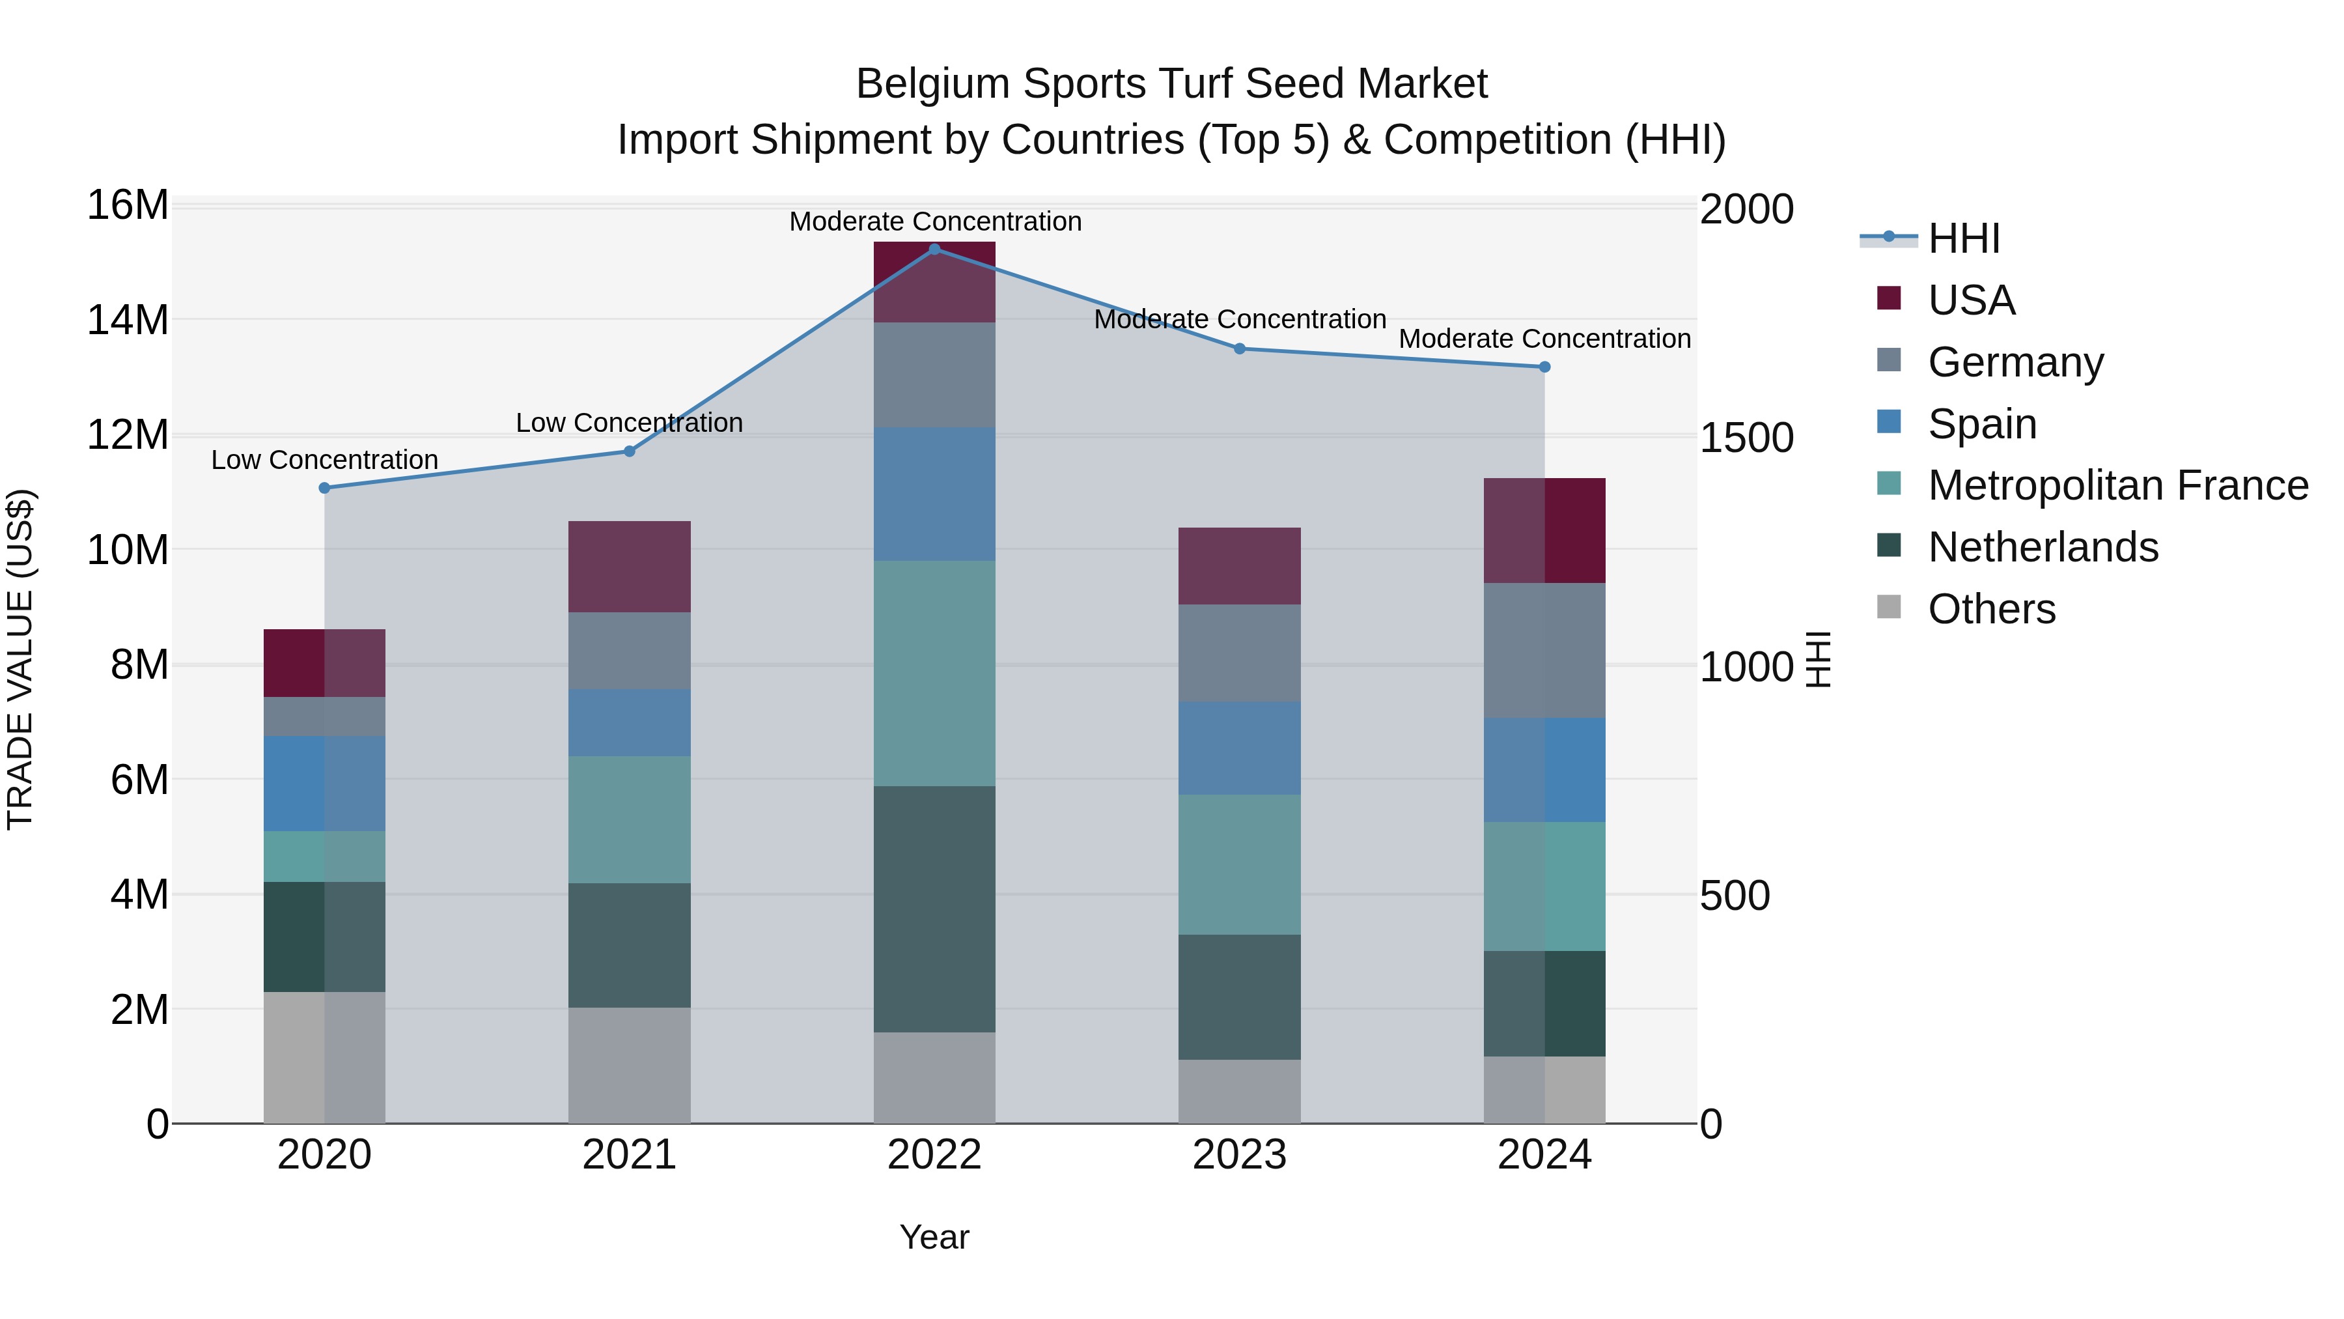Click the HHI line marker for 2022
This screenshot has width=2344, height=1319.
934,249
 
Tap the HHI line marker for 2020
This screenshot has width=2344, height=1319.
325,488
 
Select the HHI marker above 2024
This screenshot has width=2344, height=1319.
1544,367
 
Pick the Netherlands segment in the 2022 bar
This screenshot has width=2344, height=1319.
934,909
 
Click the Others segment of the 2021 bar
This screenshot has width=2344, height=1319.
629,1064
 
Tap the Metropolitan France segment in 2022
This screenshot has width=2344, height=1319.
934,673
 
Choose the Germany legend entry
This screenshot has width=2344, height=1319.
2015,362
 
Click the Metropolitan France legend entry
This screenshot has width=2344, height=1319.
2117,485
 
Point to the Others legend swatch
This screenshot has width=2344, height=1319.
1889,607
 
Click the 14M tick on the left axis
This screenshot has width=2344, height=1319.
128,320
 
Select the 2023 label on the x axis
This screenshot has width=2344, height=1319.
1239,1155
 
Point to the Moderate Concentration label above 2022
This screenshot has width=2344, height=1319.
934,221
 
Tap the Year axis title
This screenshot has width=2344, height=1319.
934,1237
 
